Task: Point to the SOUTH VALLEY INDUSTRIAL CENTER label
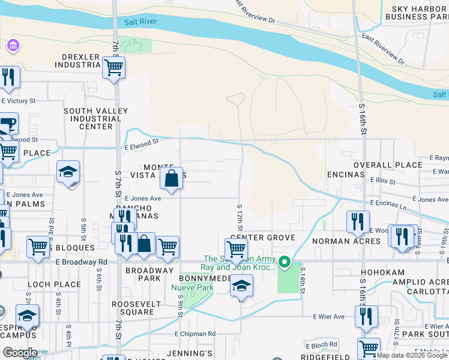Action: coord(96,119)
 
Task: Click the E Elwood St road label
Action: coord(141,142)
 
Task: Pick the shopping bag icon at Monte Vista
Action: coord(172,178)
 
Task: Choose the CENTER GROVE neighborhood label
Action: coord(263,238)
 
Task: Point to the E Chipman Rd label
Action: coord(195,334)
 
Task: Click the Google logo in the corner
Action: coord(20,353)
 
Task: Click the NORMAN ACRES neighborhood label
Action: coord(346,241)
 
